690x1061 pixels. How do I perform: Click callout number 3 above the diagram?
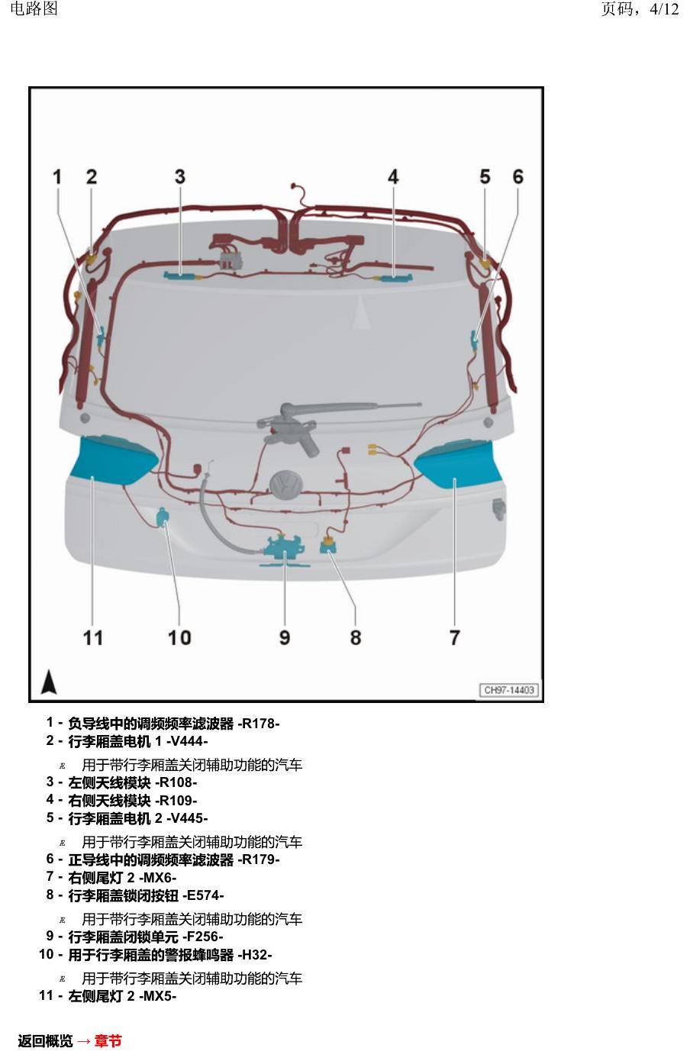(180, 176)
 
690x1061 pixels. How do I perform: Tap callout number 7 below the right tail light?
(455, 637)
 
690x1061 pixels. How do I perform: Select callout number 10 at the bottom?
(179, 637)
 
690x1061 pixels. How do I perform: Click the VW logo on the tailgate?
(286, 485)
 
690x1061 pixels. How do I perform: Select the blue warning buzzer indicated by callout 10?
(163, 518)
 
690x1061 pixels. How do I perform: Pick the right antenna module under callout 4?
(392, 277)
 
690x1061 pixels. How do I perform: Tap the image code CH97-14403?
(509, 690)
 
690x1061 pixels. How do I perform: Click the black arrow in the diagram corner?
(48, 682)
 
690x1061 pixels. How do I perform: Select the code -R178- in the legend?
(259, 724)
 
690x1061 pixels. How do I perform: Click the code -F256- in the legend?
(203, 937)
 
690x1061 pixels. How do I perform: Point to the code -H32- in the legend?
(255, 955)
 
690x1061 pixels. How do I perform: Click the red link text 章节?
(108, 1041)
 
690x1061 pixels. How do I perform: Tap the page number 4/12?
(664, 9)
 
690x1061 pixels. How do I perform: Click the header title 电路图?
(34, 8)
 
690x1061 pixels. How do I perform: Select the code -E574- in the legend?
(203, 895)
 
